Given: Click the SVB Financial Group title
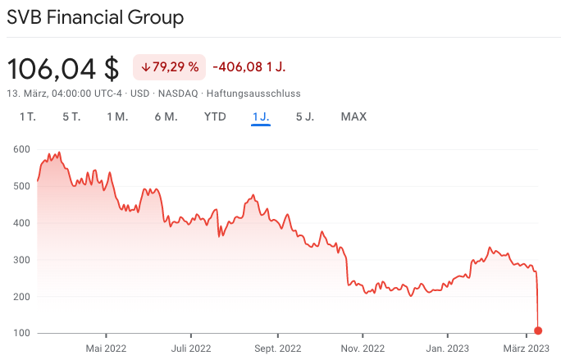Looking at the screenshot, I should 95,16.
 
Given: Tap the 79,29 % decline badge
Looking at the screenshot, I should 170,66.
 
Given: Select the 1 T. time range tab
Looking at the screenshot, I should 28,116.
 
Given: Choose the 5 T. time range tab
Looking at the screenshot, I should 71,116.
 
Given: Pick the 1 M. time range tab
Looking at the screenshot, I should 117,116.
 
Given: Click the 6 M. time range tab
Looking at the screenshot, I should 166,116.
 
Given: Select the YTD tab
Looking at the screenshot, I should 215,116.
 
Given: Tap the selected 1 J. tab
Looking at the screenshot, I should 261,116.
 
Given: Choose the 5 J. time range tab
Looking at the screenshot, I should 305,116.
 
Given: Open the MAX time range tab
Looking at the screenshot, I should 353,116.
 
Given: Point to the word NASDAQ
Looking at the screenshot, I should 178,93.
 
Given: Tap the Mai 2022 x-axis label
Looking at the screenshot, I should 107,347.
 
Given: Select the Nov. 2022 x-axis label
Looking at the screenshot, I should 363,347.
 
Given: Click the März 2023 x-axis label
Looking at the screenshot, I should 526,347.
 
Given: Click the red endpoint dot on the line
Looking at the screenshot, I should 538,330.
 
